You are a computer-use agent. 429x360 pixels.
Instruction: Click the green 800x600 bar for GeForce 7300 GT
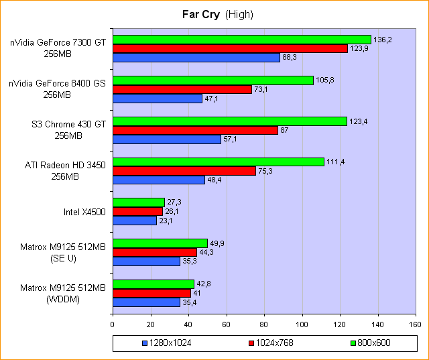tap(241, 40)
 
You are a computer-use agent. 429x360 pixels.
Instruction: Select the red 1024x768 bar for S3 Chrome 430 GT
tap(195, 130)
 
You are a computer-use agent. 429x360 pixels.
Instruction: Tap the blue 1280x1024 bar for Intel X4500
tap(134, 220)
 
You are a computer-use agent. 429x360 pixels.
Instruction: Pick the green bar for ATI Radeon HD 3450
tap(218, 162)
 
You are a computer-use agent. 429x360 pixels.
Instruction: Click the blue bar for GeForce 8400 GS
tap(158, 99)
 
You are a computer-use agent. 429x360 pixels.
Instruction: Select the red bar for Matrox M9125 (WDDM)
tap(151, 293)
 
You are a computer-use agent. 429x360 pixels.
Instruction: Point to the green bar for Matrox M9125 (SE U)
tap(160, 243)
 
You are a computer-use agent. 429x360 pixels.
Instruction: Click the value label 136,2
tap(382, 40)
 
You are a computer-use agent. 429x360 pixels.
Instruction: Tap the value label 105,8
tap(324, 80)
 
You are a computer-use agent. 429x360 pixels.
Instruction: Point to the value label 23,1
tap(166, 220)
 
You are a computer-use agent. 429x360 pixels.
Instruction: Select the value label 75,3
tap(267, 171)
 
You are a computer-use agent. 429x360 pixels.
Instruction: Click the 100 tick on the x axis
tap(302, 325)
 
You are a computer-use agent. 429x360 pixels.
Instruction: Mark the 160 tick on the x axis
tap(416, 325)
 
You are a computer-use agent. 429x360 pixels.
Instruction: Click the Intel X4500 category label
tap(85, 211)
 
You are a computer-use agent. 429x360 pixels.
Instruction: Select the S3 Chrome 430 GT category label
tap(69, 129)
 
